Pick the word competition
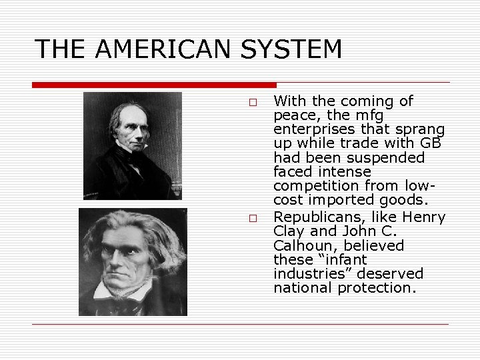point(309,185)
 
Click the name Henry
point(424,217)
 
